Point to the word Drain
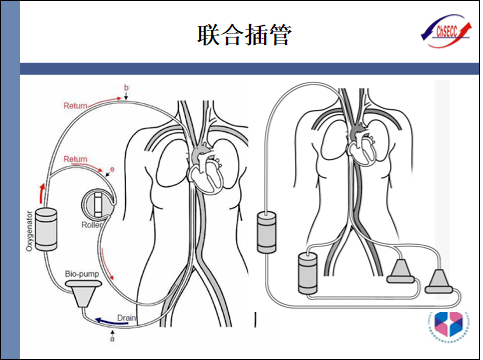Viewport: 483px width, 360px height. (x=127, y=317)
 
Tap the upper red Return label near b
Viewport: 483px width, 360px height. (x=76, y=106)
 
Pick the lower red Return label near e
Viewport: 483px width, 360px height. (x=76, y=160)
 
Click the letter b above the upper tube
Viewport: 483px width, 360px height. (x=125, y=89)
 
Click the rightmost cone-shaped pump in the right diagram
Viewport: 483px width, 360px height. (x=439, y=281)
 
